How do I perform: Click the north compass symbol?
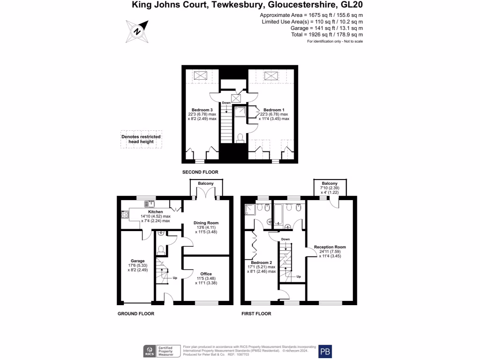click(137, 31)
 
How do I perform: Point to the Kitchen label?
click(155, 212)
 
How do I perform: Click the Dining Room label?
click(207, 223)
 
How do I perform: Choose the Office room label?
click(206, 274)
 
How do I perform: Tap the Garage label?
click(137, 261)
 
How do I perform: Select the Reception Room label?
click(330, 247)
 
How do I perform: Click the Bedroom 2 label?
click(261, 262)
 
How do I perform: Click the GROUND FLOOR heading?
click(135, 314)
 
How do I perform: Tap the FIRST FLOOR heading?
click(256, 314)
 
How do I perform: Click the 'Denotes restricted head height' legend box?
click(141, 140)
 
